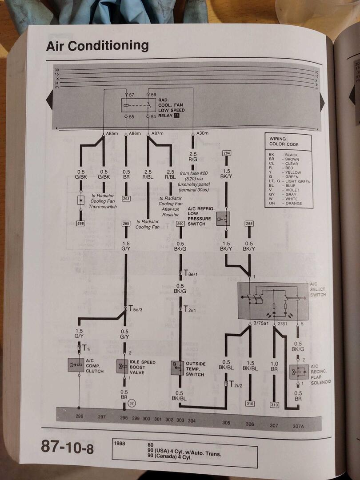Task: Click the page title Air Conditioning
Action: pos(97,46)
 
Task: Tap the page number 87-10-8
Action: pos(68,447)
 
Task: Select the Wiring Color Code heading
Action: pos(284,141)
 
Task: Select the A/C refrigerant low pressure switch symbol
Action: pos(223,218)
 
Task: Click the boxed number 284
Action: pos(227,154)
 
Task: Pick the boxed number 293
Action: pos(126,198)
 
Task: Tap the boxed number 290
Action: pos(180,224)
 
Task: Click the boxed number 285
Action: pos(126,224)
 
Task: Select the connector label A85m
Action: pos(112,133)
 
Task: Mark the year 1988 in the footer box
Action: pos(121,443)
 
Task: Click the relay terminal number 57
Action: pos(131,95)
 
